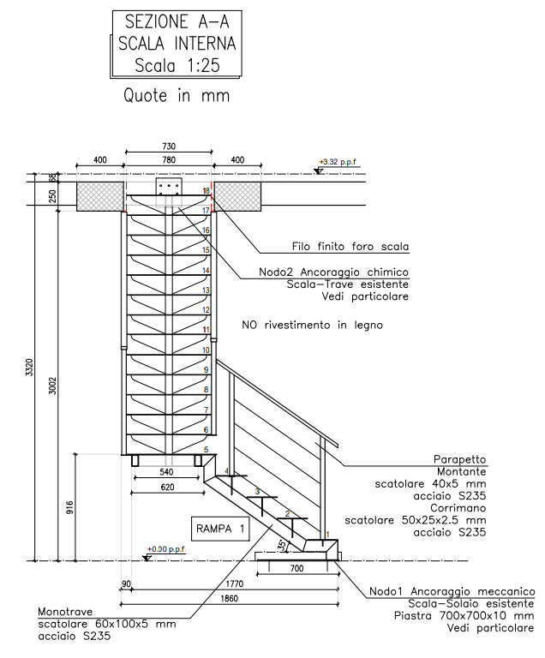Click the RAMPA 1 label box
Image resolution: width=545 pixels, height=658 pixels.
(x=220, y=529)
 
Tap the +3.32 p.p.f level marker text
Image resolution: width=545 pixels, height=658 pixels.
(x=340, y=162)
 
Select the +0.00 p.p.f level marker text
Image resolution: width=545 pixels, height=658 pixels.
(x=166, y=549)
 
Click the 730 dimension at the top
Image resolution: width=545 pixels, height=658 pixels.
(x=169, y=146)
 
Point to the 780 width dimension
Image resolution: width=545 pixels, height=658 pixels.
(x=169, y=160)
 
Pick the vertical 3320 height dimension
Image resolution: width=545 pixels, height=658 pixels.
(x=29, y=368)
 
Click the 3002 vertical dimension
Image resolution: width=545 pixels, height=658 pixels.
(x=52, y=386)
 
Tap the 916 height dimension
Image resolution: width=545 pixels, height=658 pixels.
(x=69, y=507)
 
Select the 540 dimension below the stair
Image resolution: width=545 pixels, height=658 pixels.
(x=167, y=472)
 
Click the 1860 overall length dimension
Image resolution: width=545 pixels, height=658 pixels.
(x=230, y=598)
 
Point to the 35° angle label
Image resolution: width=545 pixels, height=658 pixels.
(x=283, y=546)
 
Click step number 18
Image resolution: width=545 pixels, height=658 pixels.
(x=207, y=191)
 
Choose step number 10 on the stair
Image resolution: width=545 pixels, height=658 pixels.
(x=206, y=350)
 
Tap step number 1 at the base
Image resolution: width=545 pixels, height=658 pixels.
(x=327, y=535)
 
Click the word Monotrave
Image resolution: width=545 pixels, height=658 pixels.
(x=65, y=612)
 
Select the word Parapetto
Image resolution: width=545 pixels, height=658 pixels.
(x=459, y=459)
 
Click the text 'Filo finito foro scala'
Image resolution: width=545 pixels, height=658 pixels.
(x=350, y=247)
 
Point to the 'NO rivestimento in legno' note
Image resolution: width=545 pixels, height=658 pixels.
(x=313, y=325)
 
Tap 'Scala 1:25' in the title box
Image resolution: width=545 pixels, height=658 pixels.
(x=177, y=65)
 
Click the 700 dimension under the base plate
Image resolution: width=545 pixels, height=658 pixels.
(x=296, y=569)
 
